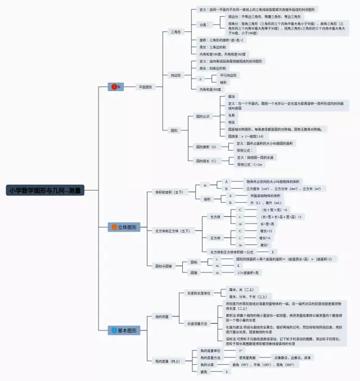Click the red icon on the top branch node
[115, 87]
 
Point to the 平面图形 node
[145, 87]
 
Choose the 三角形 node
[176, 32]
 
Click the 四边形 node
[176, 75]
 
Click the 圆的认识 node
[202, 116]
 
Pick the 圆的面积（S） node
[206, 147]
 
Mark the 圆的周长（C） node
[206, 161]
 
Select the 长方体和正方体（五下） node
[172, 230]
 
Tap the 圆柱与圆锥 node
[165, 265]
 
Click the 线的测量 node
[162, 317]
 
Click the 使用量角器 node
[248, 357]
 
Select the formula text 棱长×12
[267, 230]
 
